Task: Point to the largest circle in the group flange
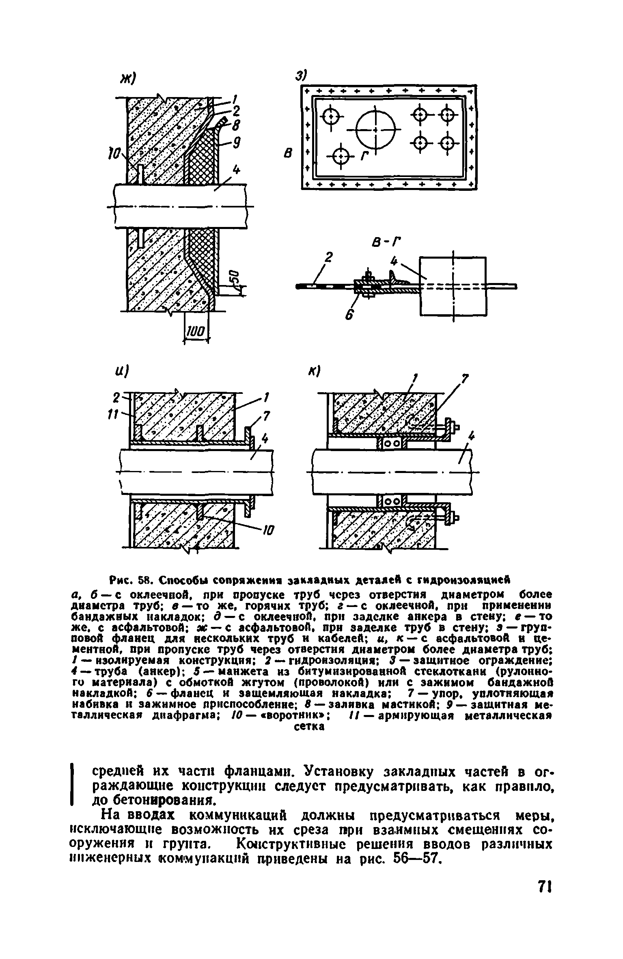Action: [375, 130]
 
